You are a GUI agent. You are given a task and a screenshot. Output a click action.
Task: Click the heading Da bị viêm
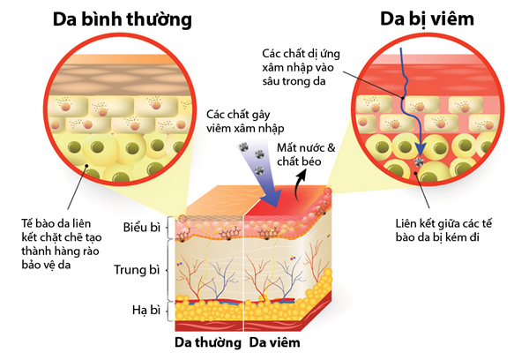pyautogui.click(x=421, y=18)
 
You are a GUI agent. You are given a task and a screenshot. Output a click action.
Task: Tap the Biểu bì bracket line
pyautogui.click(x=167, y=229)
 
